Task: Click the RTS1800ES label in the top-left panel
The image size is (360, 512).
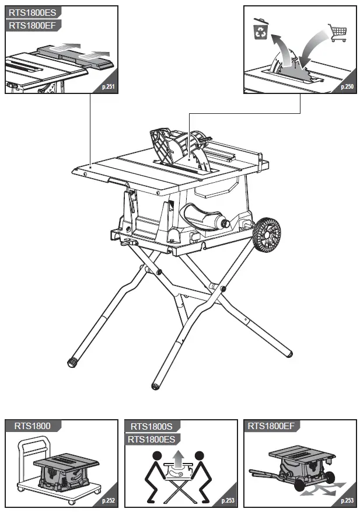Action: (x=32, y=13)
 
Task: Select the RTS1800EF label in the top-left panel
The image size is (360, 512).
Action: (x=32, y=25)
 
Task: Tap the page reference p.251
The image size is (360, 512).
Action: (x=108, y=87)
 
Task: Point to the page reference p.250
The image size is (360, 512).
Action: (x=347, y=87)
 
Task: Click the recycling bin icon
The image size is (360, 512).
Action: (x=261, y=29)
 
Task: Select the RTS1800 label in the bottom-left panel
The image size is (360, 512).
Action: (x=32, y=426)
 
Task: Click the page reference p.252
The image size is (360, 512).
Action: (x=108, y=500)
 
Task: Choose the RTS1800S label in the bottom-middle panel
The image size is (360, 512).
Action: (x=151, y=426)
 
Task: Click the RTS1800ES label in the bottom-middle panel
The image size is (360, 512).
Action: (x=152, y=439)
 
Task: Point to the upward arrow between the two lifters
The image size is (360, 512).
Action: (x=178, y=458)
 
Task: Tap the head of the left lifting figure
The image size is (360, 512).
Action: (x=158, y=456)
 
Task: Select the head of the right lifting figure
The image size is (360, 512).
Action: (x=199, y=456)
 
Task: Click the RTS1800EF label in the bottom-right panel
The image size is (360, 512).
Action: (x=271, y=426)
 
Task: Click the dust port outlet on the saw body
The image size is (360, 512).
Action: (x=225, y=224)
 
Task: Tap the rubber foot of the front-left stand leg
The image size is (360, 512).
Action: (x=72, y=363)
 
